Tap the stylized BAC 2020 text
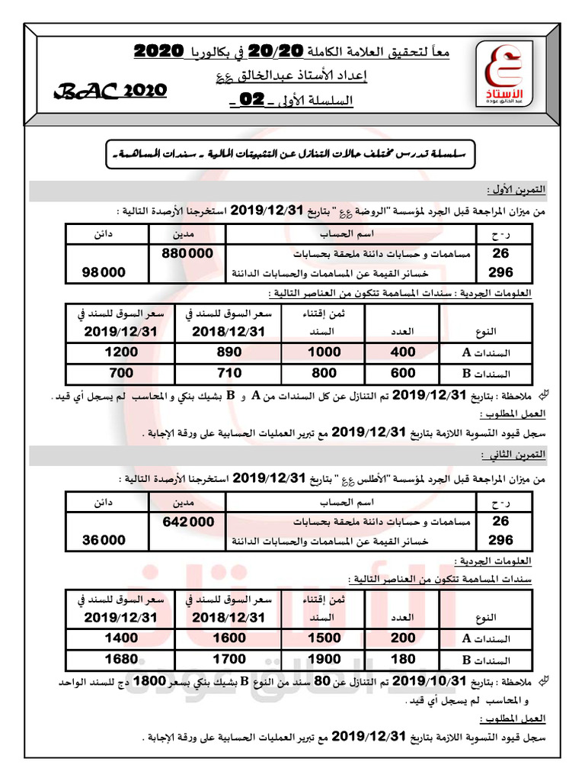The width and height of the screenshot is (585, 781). pos(110,91)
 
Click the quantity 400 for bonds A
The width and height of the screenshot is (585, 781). pos(403,352)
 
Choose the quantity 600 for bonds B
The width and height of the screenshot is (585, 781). pos(403,373)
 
